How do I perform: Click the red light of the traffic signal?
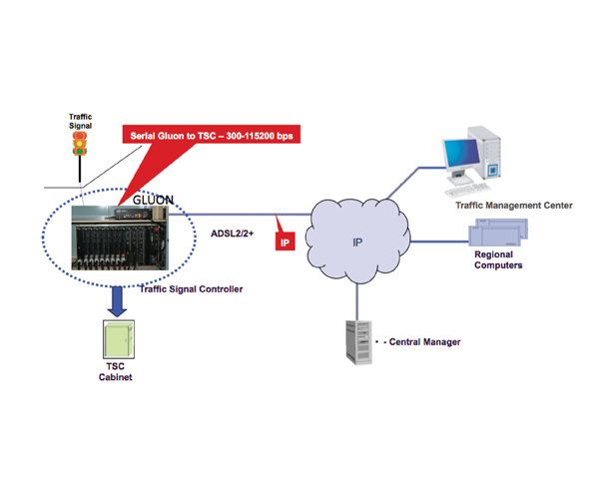pyautogui.click(x=80, y=136)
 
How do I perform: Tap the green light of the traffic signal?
pyautogui.click(x=80, y=151)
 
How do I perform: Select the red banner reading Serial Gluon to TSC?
pyautogui.click(x=212, y=135)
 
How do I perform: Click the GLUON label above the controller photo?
pyautogui.click(x=153, y=200)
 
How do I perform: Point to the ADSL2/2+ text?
pyautogui.click(x=232, y=234)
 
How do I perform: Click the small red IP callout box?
pyautogui.click(x=285, y=242)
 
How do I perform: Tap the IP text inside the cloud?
pyautogui.click(x=357, y=243)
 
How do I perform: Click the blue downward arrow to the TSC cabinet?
pyautogui.click(x=117, y=301)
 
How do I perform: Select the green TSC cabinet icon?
pyautogui.click(x=119, y=339)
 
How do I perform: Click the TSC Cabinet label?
pyautogui.click(x=116, y=372)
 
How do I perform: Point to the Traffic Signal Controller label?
pyautogui.click(x=191, y=289)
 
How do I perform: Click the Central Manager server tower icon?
pyautogui.click(x=359, y=342)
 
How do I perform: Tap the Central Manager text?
pyautogui.click(x=425, y=342)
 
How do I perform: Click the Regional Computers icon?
pyautogui.click(x=498, y=233)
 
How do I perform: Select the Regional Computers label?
pyautogui.click(x=498, y=259)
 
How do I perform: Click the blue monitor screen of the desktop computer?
pyautogui.click(x=461, y=154)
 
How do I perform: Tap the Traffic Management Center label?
pyautogui.click(x=514, y=206)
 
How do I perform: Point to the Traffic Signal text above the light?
pyautogui.click(x=80, y=121)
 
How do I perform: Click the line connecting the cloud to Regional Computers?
pyautogui.click(x=439, y=242)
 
